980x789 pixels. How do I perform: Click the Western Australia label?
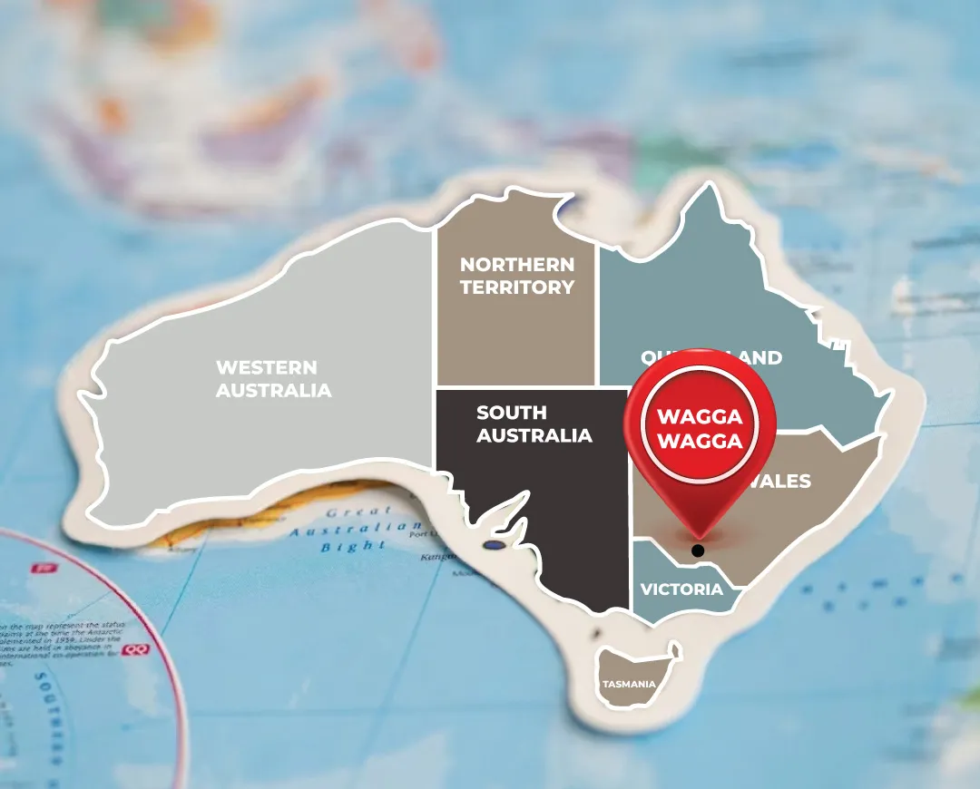[273, 379]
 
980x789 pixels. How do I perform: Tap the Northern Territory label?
[516, 276]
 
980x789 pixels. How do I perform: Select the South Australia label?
[534, 424]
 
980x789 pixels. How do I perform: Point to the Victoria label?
[681, 589]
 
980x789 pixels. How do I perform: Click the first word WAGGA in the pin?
[700, 417]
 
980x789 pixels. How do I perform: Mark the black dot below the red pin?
[697, 550]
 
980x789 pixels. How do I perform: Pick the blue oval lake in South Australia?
[494, 546]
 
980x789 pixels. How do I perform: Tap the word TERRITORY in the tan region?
[516, 287]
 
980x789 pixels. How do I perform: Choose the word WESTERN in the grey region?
[266, 367]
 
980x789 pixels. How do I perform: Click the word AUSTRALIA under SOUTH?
[534, 435]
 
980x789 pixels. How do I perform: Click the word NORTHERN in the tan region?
[516, 264]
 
